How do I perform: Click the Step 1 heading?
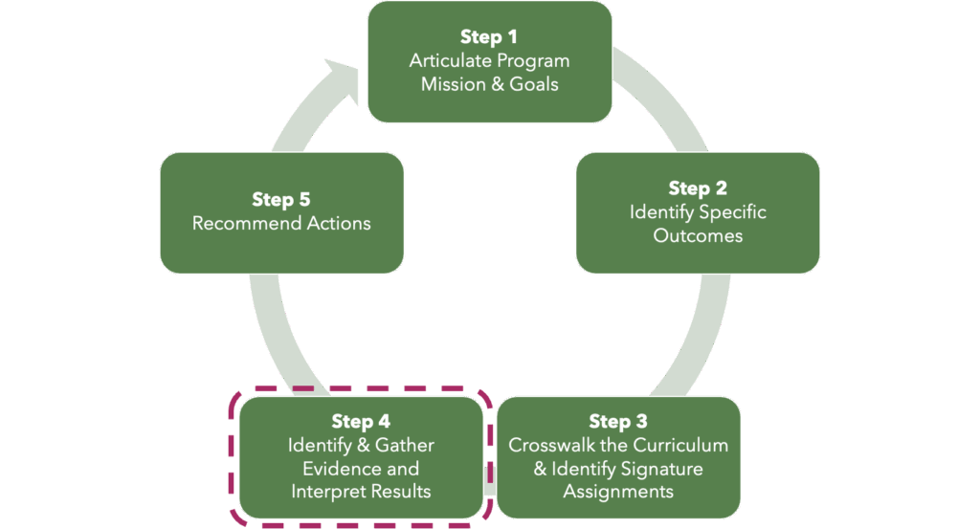click(489, 37)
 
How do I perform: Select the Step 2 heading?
click(698, 188)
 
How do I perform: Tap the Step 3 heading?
click(618, 422)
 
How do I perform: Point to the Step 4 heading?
click(361, 422)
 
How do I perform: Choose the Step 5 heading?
click(281, 200)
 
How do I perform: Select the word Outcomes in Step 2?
click(698, 235)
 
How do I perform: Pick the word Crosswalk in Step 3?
click(549, 446)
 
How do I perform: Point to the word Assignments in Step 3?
click(618, 492)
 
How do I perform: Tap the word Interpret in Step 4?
click(328, 492)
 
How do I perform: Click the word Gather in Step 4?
click(404, 446)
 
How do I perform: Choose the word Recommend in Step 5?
click(240, 223)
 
